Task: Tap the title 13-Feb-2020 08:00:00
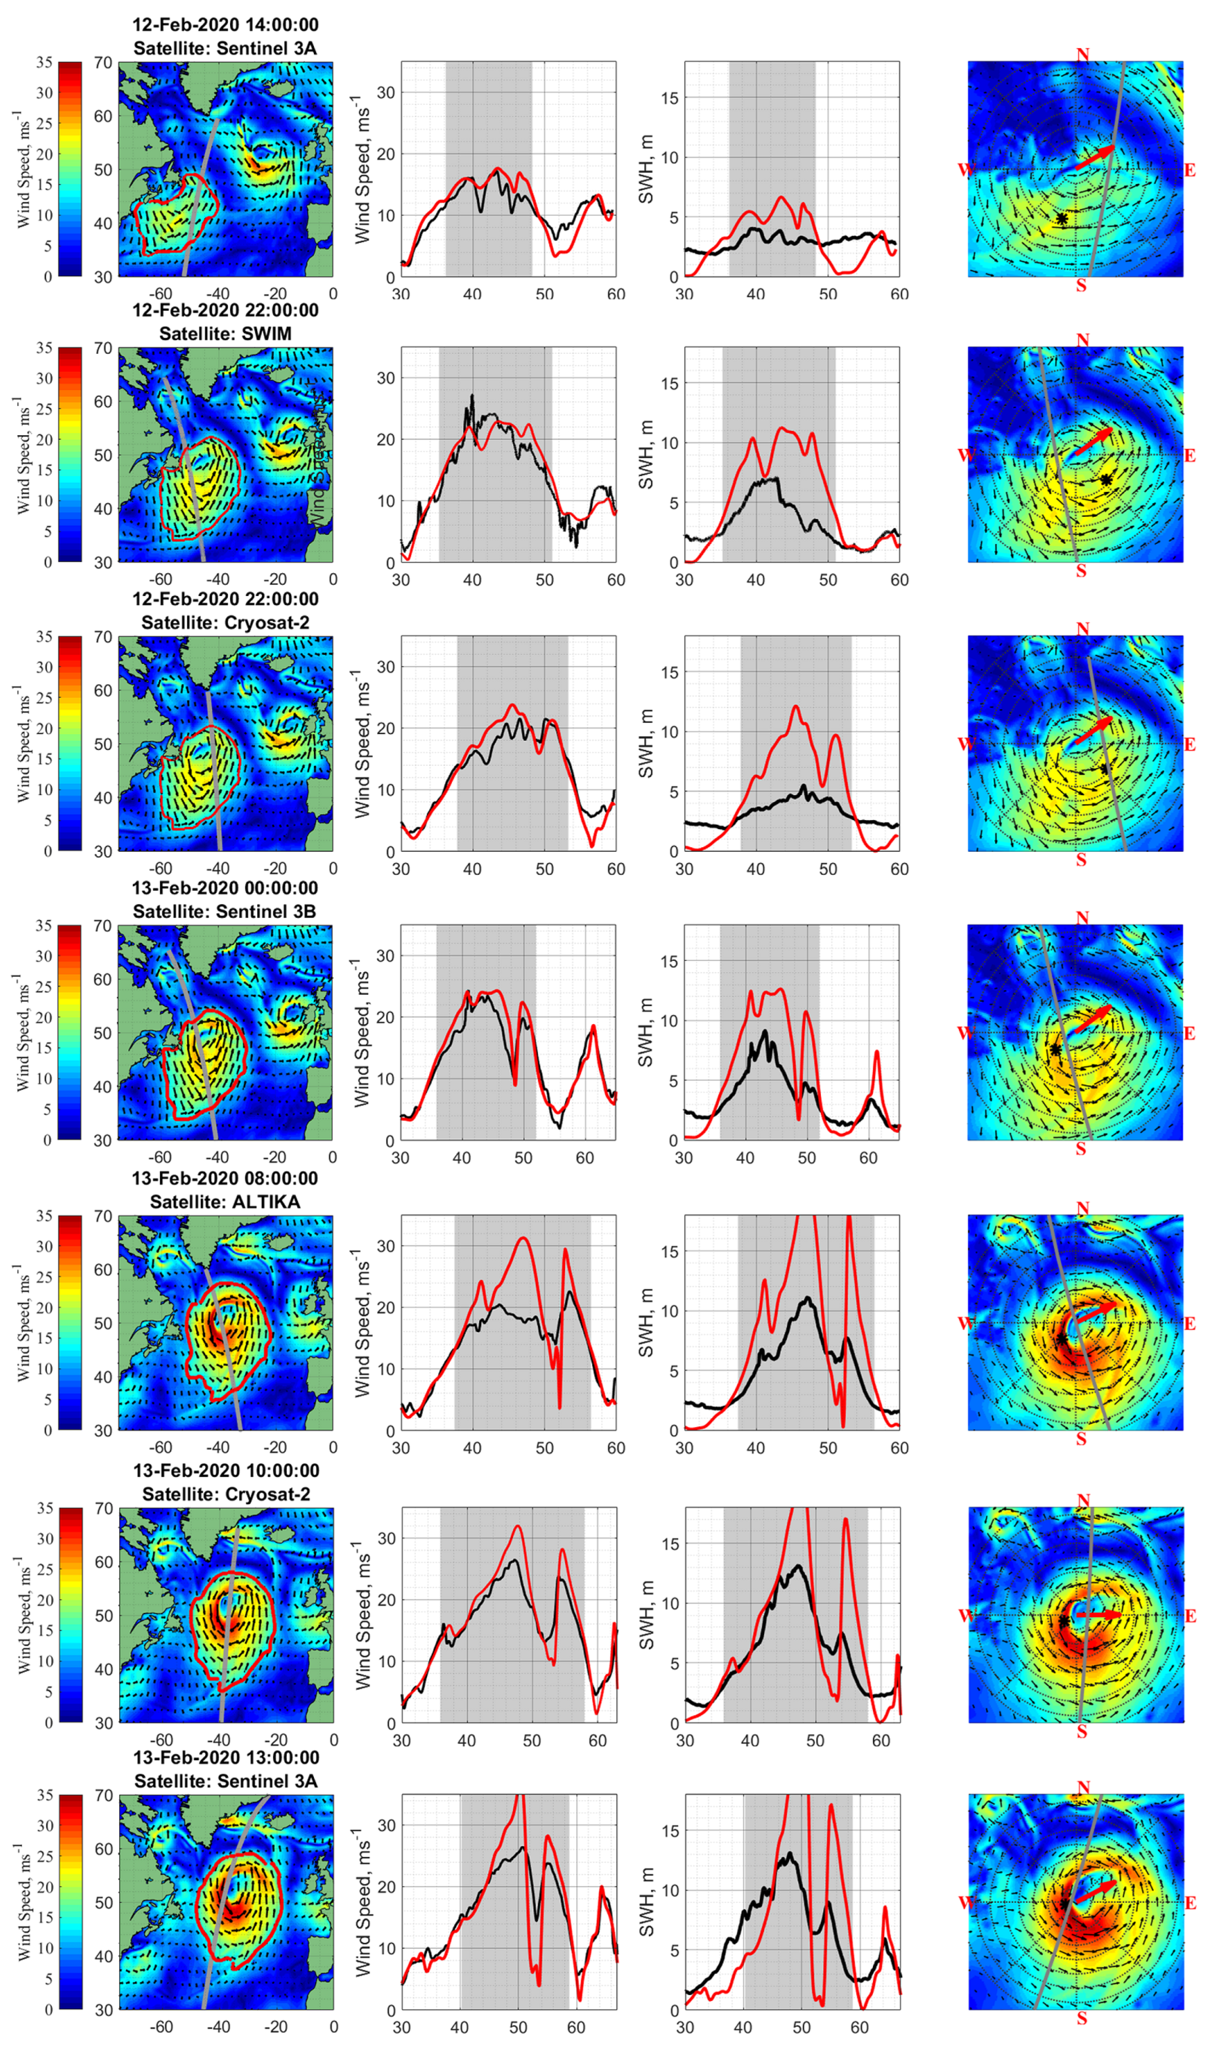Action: coord(225,1178)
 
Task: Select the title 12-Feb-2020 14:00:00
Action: coord(225,24)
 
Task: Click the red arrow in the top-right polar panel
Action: coord(1094,157)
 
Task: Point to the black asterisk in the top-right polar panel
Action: coord(1061,218)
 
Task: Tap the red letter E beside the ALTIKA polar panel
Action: coord(1190,1323)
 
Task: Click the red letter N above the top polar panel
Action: coord(1082,55)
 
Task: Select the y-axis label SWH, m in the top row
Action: coord(646,170)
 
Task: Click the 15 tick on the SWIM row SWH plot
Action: coord(669,383)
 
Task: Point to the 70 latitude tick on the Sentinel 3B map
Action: coord(103,926)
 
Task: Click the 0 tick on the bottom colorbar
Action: coord(48,2010)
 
